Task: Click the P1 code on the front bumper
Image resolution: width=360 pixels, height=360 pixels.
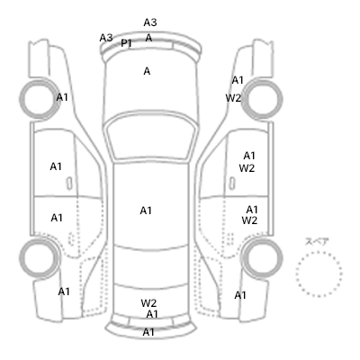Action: click(x=126, y=43)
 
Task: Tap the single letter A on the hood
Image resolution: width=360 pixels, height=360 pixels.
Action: click(x=147, y=71)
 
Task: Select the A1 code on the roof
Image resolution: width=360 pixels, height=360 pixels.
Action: click(x=146, y=211)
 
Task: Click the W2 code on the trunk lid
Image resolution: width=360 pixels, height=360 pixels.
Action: click(x=148, y=303)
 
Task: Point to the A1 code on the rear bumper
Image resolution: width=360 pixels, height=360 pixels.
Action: click(x=148, y=332)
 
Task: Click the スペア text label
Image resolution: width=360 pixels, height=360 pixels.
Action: click(x=317, y=241)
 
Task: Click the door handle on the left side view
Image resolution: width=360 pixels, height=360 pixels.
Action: click(x=69, y=184)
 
